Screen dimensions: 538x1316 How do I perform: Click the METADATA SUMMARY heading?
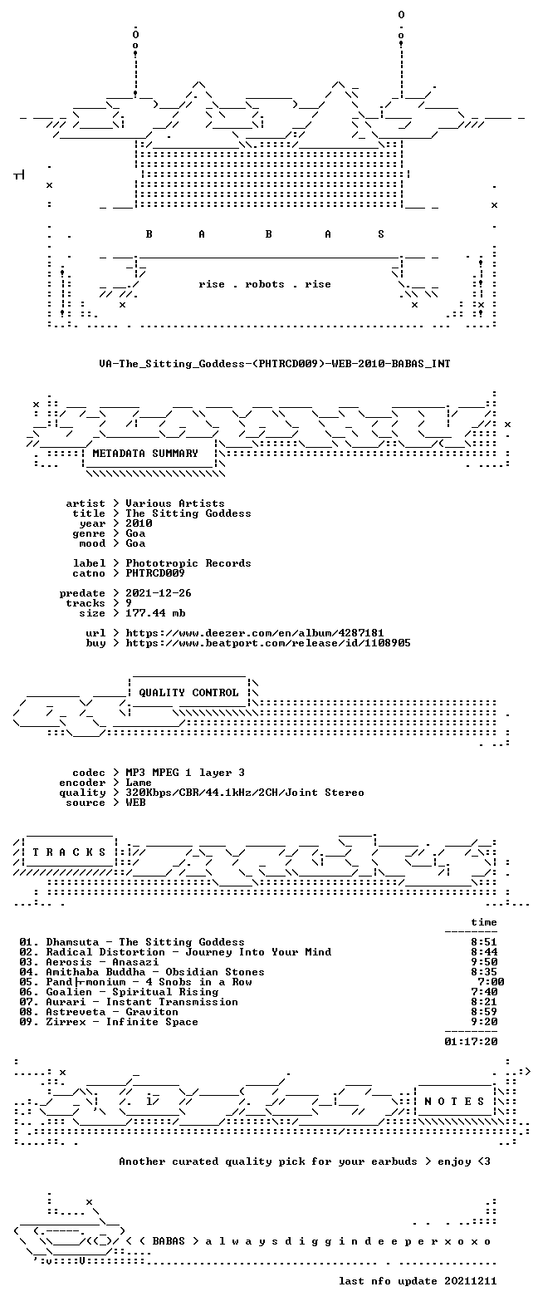pyautogui.click(x=145, y=453)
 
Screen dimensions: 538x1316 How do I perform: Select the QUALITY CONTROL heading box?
pyautogui.click(x=188, y=692)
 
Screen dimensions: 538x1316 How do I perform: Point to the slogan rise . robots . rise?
pyautogui.click(x=264, y=284)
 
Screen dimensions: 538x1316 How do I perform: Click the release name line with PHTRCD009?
pyautogui.click(x=274, y=364)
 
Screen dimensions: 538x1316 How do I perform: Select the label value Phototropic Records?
pyautogui.click(x=188, y=563)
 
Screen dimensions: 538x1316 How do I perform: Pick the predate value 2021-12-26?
pyautogui.click(x=158, y=593)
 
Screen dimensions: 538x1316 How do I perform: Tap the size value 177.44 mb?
pyautogui.click(x=155, y=613)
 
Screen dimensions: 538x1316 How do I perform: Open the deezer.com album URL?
pyautogui.click(x=254, y=633)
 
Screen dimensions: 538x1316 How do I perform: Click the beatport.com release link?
pyautogui.click(x=268, y=643)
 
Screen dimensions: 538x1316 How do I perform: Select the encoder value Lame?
pyautogui.click(x=139, y=783)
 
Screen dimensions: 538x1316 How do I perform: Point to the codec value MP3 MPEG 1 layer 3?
pyautogui.click(x=185, y=773)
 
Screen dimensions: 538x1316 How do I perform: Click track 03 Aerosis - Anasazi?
pyautogui.click(x=89, y=962)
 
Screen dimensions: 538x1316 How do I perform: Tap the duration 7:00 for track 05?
pyautogui.click(x=491, y=982)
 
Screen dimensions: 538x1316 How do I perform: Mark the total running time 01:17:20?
pyautogui.click(x=471, y=1042)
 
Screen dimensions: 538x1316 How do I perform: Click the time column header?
pyautogui.click(x=484, y=922)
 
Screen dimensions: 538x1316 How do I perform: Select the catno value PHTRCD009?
pyautogui.click(x=155, y=573)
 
